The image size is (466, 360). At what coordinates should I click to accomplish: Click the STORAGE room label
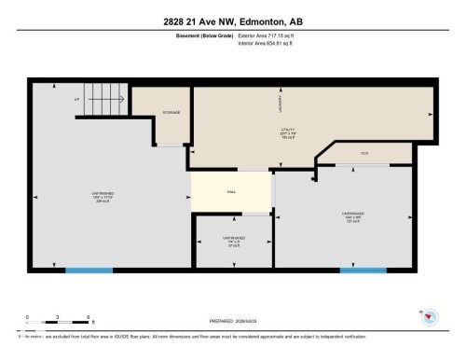[171, 112]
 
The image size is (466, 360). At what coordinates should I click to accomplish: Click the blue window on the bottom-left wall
[89, 270]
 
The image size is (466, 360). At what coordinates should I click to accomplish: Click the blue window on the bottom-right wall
[363, 270]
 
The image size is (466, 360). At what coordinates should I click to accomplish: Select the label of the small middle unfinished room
[234, 242]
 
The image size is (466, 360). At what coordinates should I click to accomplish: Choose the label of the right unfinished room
[352, 218]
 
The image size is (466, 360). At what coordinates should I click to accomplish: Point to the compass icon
[430, 317]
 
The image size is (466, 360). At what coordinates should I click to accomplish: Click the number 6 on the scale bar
[87, 317]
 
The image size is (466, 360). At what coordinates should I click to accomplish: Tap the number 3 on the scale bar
[58, 317]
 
